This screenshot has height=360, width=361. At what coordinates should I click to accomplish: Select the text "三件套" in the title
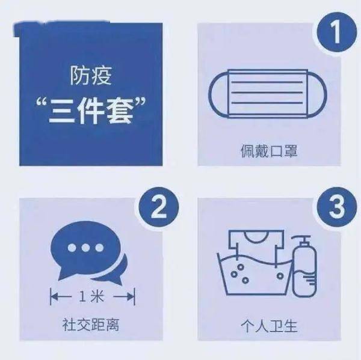tap(91, 112)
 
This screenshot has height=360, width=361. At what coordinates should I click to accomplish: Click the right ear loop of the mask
tap(318, 94)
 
